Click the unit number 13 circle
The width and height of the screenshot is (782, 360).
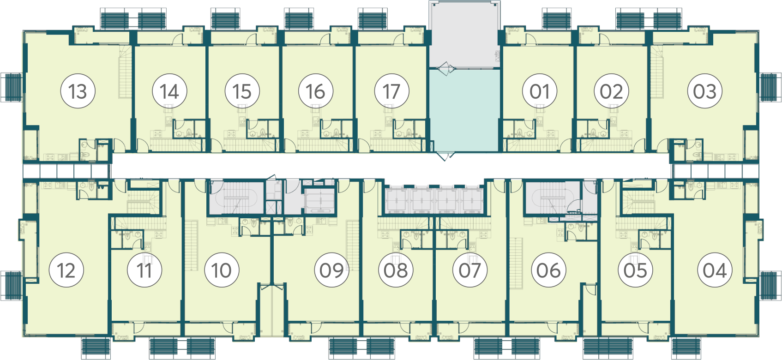(x=78, y=91)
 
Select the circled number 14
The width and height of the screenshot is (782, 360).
(x=170, y=91)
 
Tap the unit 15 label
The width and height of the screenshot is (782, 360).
(x=242, y=91)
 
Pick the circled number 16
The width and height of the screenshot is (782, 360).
(x=316, y=91)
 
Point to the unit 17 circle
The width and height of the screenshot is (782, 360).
(x=392, y=91)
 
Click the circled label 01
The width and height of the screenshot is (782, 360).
(x=540, y=91)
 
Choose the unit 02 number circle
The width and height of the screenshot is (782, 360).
(x=612, y=91)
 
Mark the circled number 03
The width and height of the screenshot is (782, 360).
(x=705, y=91)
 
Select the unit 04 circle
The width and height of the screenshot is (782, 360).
(x=715, y=270)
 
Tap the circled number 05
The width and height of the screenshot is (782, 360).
(x=635, y=270)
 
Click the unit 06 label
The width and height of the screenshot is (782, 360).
(x=548, y=270)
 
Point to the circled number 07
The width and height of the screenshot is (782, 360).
(x=470, y=270)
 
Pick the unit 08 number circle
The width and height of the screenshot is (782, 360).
(x=396, y=270)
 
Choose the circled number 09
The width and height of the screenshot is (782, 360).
(x=331, y=270)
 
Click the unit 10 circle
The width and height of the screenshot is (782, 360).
(x=222, y=270)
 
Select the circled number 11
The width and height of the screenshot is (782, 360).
(x=144, y=270)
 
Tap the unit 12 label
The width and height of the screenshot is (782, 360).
(x=66, y=270)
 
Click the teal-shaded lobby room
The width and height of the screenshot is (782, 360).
(x=464, y=110)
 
